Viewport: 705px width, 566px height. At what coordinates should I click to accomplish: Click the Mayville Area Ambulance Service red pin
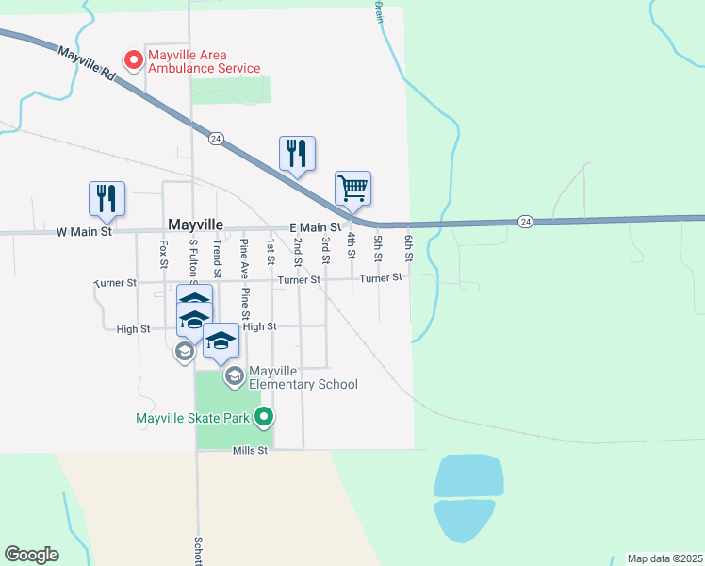[134, 60]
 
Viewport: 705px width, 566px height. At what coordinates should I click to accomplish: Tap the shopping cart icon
[352, 188]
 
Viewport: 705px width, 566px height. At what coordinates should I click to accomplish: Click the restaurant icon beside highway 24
[297, 153]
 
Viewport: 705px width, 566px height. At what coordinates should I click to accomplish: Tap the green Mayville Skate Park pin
[265, 416]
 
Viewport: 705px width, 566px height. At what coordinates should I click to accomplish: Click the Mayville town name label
[195, 225]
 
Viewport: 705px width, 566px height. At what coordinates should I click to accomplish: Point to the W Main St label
[84, 230]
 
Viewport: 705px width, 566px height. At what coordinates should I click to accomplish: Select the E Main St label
[314, 227]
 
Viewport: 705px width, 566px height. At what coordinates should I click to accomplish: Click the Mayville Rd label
[86, 65]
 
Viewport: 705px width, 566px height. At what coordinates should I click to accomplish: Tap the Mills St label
[251, 451]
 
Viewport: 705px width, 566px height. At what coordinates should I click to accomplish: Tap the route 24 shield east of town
[525, 221]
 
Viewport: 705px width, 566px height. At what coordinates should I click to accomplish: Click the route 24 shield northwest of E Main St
[216, 138]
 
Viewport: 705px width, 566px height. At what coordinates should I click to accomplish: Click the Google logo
[31, 555]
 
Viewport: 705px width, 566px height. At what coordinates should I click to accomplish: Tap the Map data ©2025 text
[664, 558]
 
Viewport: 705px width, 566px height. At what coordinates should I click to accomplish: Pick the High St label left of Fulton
[133, 329]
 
